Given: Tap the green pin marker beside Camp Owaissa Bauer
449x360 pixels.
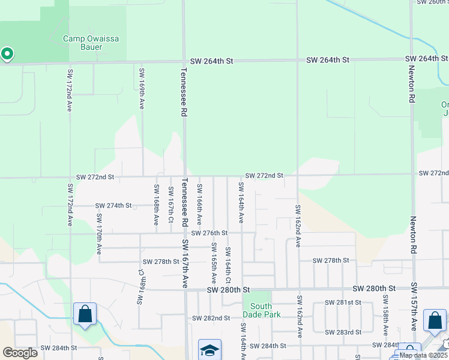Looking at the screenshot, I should click(x=7, y=55).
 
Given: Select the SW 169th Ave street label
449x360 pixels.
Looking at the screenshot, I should click(x=142, y=88).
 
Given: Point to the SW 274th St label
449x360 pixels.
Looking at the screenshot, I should click(x=113, y=206).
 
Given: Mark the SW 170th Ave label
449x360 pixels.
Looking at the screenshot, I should click(x=99, y=233).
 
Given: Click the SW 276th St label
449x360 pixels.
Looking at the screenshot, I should click(x=209, y=233).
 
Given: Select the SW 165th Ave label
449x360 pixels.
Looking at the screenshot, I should click(x=214, y=263).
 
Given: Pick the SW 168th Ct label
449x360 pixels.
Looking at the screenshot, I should click(x=143, y=286).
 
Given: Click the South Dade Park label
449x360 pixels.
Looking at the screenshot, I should click(x=261, y=310).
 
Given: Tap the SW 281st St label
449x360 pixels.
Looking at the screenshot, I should click(x=343, y=303).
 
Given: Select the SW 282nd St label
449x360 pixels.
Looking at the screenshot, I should click(x=211, y=318).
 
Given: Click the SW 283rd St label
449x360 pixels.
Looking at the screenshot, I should click(x=343, y=332).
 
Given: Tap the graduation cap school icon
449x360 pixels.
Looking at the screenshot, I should click(x=209, y=350).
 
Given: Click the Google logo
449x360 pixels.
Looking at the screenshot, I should click(x=20, y=353).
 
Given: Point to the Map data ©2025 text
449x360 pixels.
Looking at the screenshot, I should click(x=423, y=355).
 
